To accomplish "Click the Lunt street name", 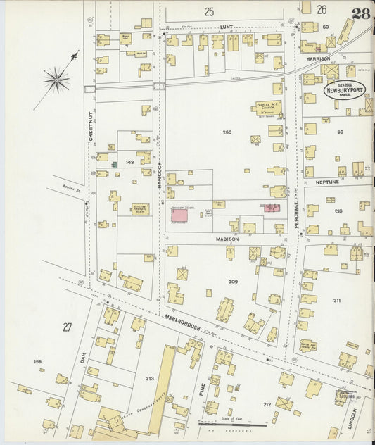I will click(226, 26).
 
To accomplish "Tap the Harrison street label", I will click(318, 58).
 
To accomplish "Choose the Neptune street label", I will click(327, 182).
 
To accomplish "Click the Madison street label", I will click(228, 239).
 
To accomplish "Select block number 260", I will click(227, 132).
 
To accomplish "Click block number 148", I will click(129, 162).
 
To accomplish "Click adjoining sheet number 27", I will click(67, 327).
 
